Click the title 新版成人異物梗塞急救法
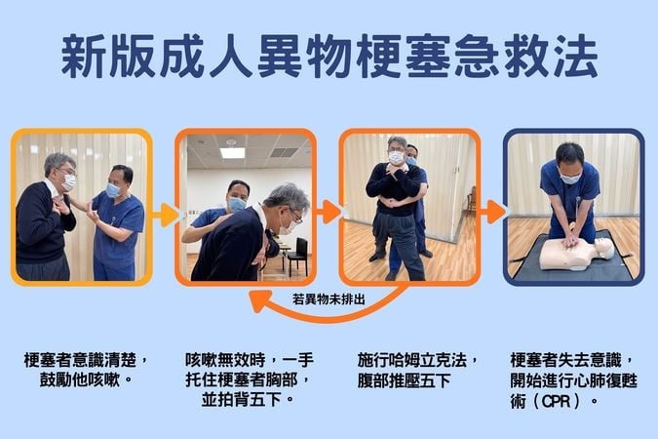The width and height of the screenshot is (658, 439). click(x=329, y=60)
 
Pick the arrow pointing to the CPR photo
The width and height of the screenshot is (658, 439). click(x=492, y=212)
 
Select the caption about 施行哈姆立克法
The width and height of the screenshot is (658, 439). click(x=415, y=368)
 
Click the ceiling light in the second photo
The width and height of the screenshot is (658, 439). click(x=232, y=152)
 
